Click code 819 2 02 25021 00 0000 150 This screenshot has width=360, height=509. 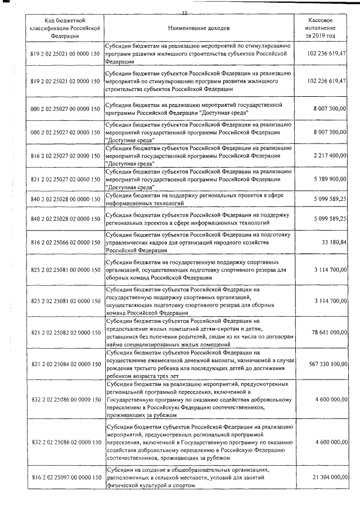[65, 53]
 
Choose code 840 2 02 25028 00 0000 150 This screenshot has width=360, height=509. [65, 199]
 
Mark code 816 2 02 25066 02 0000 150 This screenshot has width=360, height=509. [65, 242]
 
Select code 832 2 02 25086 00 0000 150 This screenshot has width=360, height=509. [65, 399]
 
